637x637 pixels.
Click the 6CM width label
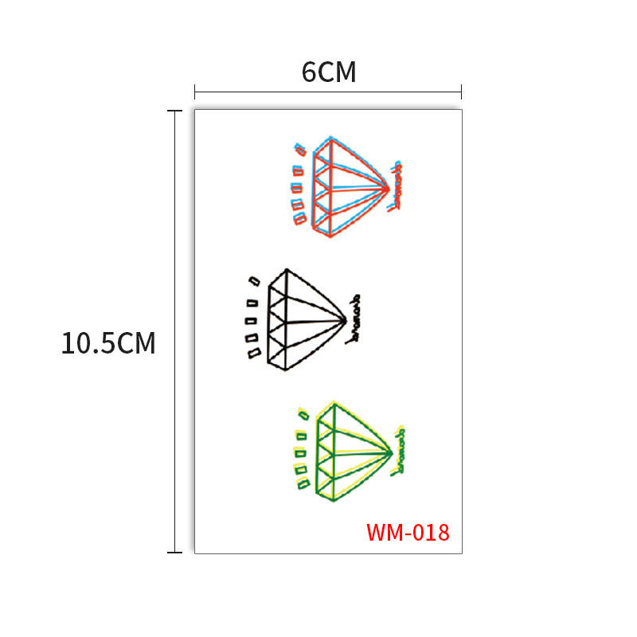tap(328, 72)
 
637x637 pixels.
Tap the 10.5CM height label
tap(109, 344)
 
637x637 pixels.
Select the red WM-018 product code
tap(408, 532)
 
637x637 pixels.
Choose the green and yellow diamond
tap(350, 452)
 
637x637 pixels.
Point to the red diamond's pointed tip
tap(388, 188)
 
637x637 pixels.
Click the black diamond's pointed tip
tap(344, 321)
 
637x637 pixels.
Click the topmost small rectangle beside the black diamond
tap(255, 280)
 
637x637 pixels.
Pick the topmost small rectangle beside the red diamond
tap(300, 149)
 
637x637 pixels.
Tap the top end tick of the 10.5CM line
tap(174, 111)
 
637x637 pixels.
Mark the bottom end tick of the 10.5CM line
tap(174, 552)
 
